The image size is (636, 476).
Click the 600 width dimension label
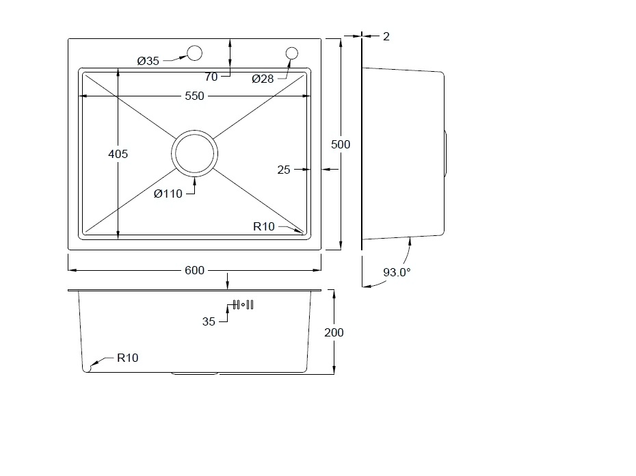click(x=194, y=270)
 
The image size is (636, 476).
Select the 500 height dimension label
click(x=341, y=144)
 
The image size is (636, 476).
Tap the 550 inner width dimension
click(x=194, y=96)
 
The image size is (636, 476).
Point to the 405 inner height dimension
click(x=118, y=154)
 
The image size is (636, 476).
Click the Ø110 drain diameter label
click(x=168, y=194)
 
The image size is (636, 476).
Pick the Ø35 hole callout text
click(x=148, y=62)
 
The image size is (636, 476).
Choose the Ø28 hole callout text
click(x=263, y=79)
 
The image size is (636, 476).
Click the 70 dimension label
click(x=211, y=77)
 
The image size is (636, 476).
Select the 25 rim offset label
click(x=284, y=170)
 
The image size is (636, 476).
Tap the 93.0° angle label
click(x=397, y=272)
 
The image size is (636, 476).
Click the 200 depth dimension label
click(x=334, y=333)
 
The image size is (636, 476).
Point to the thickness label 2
click(x=386, y=36)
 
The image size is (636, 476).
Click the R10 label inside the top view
click(x=264, y=226)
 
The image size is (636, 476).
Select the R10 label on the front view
click(x=127, y=358)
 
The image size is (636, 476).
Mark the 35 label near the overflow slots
click(x=209, y=322)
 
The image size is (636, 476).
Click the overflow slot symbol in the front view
click(x=243, y=305)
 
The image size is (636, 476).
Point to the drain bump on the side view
click(x=445, y=153)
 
